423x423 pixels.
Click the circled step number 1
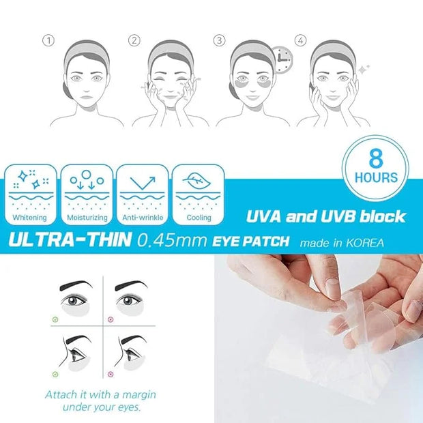coord(48,41)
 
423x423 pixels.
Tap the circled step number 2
coord(134,41)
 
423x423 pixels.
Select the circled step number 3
coord(219,40)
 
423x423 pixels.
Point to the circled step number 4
coord(300,40)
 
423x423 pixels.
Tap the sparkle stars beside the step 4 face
coord(364,69)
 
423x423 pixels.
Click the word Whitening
coord(29,218)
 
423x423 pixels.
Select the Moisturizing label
coord(87,218)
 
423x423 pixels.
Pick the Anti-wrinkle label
coord(143,218)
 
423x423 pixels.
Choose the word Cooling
coord(199,218)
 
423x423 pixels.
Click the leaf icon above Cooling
coord(196,181)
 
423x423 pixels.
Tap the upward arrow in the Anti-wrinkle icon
coord(143,183)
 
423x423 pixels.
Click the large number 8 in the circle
coord(376,158)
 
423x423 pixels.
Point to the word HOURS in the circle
coord(376,177)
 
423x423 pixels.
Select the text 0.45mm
coord(172,240)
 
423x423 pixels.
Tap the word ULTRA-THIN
coord(70,239)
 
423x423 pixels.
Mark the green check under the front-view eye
coord(55,319)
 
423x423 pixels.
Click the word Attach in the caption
coord(61,394)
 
